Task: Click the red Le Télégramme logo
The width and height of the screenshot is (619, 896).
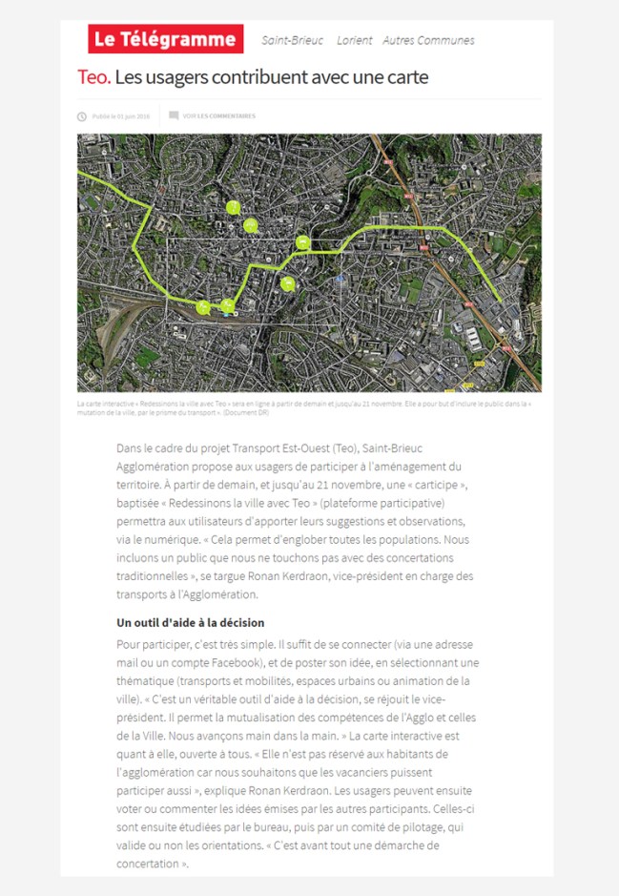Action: [165, 39]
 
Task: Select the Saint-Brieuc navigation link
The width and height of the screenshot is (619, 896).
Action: [292, 40]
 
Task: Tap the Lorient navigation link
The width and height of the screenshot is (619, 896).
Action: [354, 40]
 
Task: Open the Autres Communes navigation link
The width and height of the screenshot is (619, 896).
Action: [428, 40]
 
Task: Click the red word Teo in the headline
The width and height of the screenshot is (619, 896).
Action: [93, 76]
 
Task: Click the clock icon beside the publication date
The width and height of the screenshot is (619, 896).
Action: [82, 116]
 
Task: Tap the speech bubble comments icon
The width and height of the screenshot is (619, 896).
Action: [174, 115]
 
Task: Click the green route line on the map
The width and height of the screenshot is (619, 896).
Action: [401, 229]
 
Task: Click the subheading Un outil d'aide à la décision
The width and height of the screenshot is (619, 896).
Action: [190, 623]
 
